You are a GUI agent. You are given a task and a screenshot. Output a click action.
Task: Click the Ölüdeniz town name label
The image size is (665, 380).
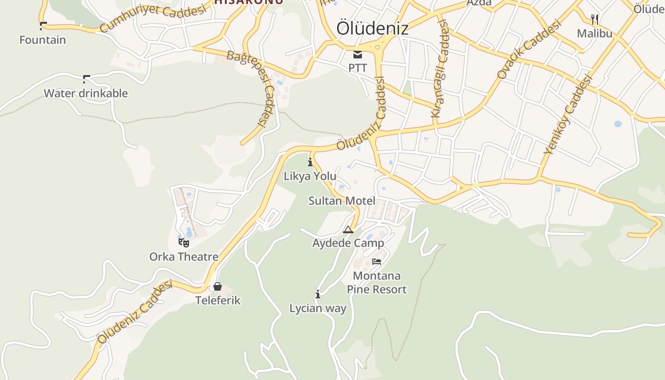(x=372, y=28)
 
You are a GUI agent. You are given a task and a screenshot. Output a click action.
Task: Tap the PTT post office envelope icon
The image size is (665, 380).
(x=358, y=55)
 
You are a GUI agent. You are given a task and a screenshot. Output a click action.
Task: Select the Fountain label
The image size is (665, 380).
(x=43, y=40)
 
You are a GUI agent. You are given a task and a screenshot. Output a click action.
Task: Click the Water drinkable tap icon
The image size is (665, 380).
(x=86, y=79)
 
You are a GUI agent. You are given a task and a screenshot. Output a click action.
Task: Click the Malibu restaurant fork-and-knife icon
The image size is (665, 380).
(x=594, y=19)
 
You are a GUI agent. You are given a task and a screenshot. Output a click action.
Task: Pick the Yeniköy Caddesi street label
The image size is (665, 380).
(x=569, y=114)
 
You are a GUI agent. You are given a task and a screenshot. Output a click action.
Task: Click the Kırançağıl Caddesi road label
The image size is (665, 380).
(x=440, y=69)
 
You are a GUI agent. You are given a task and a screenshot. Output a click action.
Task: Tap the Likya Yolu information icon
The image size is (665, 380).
(x=310, y=162)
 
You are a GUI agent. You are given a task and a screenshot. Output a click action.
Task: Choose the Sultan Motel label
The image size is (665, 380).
(x=342, y=200)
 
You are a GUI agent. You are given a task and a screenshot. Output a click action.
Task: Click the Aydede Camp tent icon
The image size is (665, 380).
(x=348, y=230)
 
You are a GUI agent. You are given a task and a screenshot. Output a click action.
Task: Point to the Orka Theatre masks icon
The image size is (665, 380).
(x=184, y=243)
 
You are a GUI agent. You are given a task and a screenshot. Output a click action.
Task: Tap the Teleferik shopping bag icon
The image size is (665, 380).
(x=218, y=286)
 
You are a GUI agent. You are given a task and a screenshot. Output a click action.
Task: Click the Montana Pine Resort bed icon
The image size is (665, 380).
(x=377, y=262)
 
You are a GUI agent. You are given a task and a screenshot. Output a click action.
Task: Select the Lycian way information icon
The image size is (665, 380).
(x=318, y=294)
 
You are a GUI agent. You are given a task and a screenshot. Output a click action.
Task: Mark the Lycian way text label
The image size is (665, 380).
(x=318, y=308)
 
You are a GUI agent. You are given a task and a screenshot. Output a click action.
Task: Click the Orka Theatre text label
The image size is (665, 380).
(x=184, y=256)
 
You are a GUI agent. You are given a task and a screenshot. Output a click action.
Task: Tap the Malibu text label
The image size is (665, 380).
(x=594, y=33)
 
